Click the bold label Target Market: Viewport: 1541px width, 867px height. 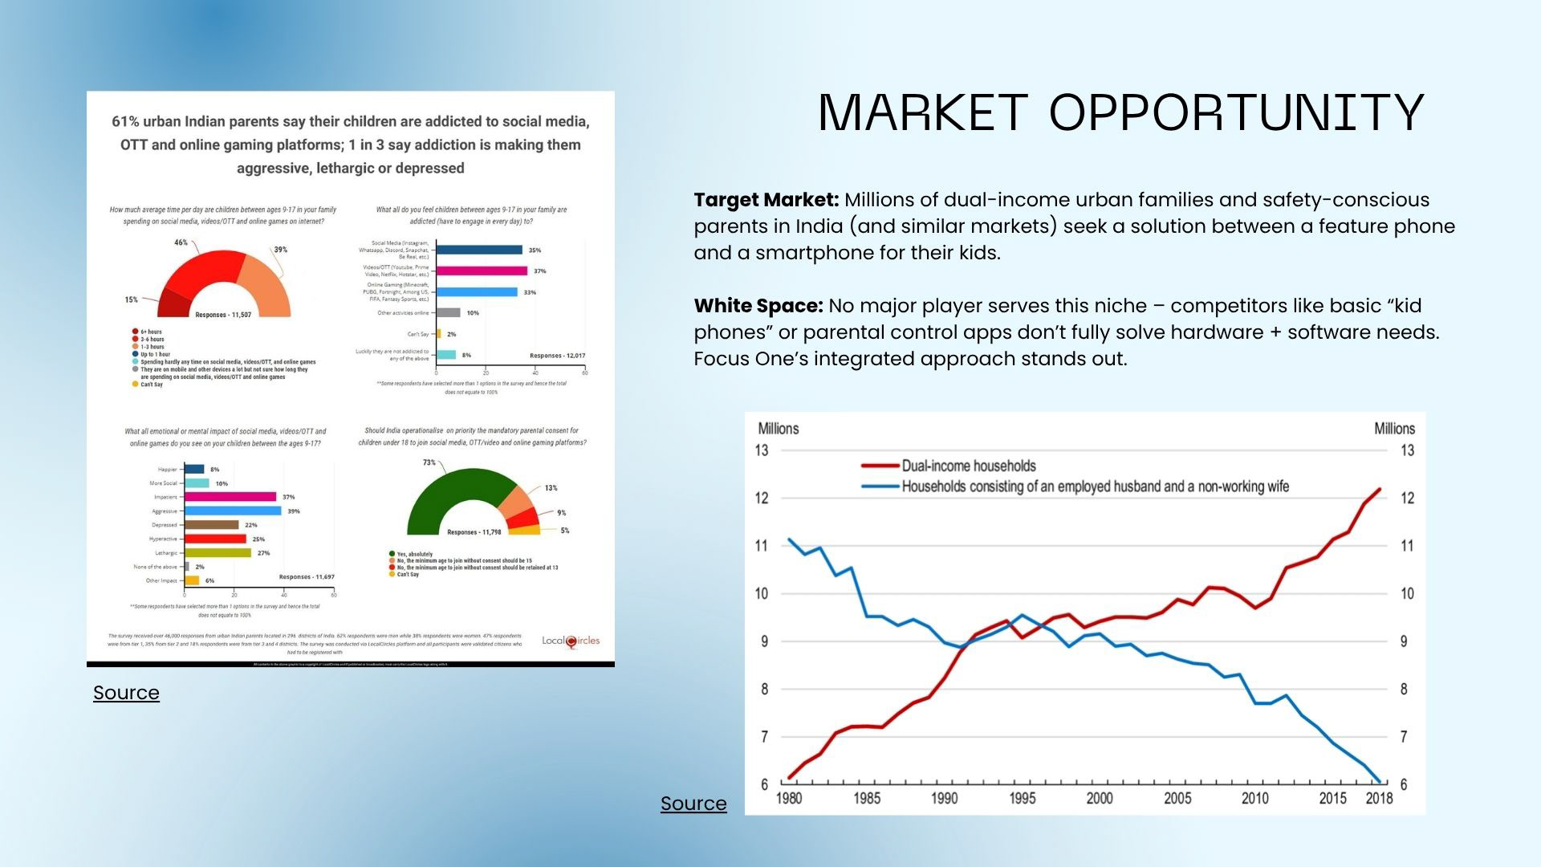(x=766, y=200)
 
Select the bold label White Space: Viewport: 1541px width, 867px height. (x=758, y=306)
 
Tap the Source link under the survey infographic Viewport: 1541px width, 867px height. (x=126, y=693)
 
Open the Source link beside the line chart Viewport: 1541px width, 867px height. (x=693, y=804)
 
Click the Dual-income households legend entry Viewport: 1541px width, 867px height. (x=968, y=466)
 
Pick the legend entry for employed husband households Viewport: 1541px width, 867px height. (x=1095, y=486)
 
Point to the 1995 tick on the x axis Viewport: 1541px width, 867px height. (x=1022, y=798)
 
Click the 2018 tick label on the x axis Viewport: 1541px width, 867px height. (x=1379, y=798)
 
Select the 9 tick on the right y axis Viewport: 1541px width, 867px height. (x=1404, y=641)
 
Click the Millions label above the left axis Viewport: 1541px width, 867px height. (x=778, y=429)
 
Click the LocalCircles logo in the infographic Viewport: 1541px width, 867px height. (x=571, y=641)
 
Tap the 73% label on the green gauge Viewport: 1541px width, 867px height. (x=429, y=462)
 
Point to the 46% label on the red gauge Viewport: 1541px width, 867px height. (x=181, y=242)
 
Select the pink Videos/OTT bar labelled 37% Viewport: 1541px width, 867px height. (x=482, y=271)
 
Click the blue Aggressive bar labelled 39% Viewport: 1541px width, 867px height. (x=233, y=511)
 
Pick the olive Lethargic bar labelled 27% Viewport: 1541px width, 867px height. (x=218, y=553)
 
